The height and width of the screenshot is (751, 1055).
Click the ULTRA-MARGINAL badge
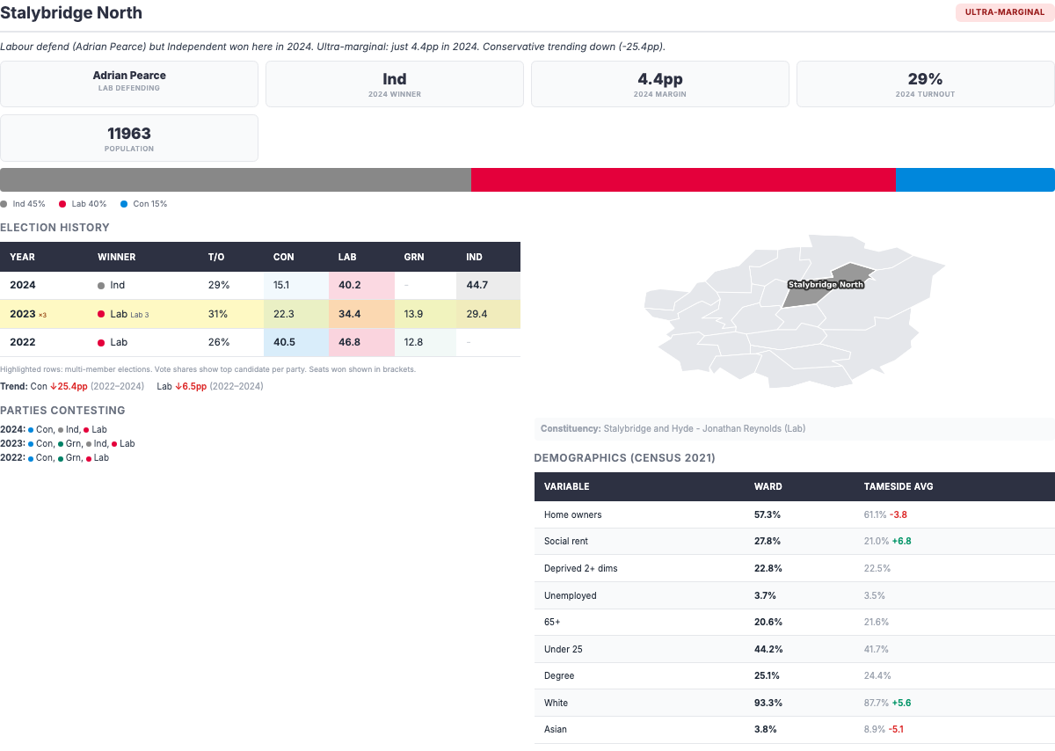pyautogui.click(x=1004, y=12)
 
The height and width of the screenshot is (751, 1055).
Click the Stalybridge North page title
pyautogui.click(x=71, y=13)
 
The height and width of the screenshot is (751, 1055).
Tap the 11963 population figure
pyautogui.click(x=129, y=134)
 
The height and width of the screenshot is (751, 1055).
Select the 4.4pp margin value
pyautogui.click(x=660, y=79)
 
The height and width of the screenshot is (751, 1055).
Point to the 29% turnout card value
pyautogui.click(x=925, y=79)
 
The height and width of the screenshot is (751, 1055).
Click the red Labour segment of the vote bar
pyautogui.click(x=683, y=179)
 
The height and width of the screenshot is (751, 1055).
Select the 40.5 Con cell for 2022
pyautogui.click(x=284, y=342)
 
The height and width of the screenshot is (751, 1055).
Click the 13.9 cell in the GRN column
pyautogui.click(x=413, y=314)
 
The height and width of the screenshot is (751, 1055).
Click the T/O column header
pyautogui.click(x=216, y=257)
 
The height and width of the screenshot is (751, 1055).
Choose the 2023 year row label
pyautogui.click(x=23, y=314)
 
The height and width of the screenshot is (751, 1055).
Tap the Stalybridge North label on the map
pyautogui.click(x=825, y=284)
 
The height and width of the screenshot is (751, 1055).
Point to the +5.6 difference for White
pyautogui.click(x=901, y=703)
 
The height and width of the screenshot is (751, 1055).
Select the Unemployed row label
pyautogui.click(x=570, y=595)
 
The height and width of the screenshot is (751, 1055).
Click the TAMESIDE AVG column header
pyautogui.click(x=898, y=486)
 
